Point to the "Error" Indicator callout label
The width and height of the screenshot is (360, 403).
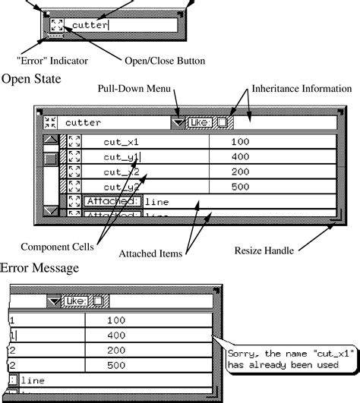point(52,60)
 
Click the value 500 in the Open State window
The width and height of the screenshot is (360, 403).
point(241,187)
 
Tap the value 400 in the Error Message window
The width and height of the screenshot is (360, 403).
point(116,335)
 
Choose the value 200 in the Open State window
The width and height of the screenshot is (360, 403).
point(241,172)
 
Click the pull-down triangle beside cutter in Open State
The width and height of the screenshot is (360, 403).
point(177,122)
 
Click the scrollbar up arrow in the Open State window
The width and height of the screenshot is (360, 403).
point(50,141)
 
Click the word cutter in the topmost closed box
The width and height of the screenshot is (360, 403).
point(90,25)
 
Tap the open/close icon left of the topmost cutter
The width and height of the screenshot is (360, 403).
point(56,25)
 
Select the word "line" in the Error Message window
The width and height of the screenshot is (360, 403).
point(33,380)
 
